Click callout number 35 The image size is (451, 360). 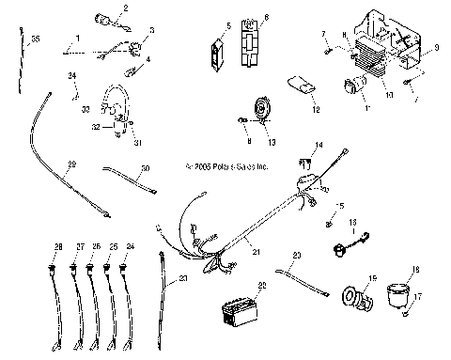[35, 39]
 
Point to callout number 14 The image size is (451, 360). [319, 145]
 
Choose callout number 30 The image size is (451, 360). [145, 168]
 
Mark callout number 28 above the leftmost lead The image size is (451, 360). [57, 246]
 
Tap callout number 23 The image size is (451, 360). [182, 278]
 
